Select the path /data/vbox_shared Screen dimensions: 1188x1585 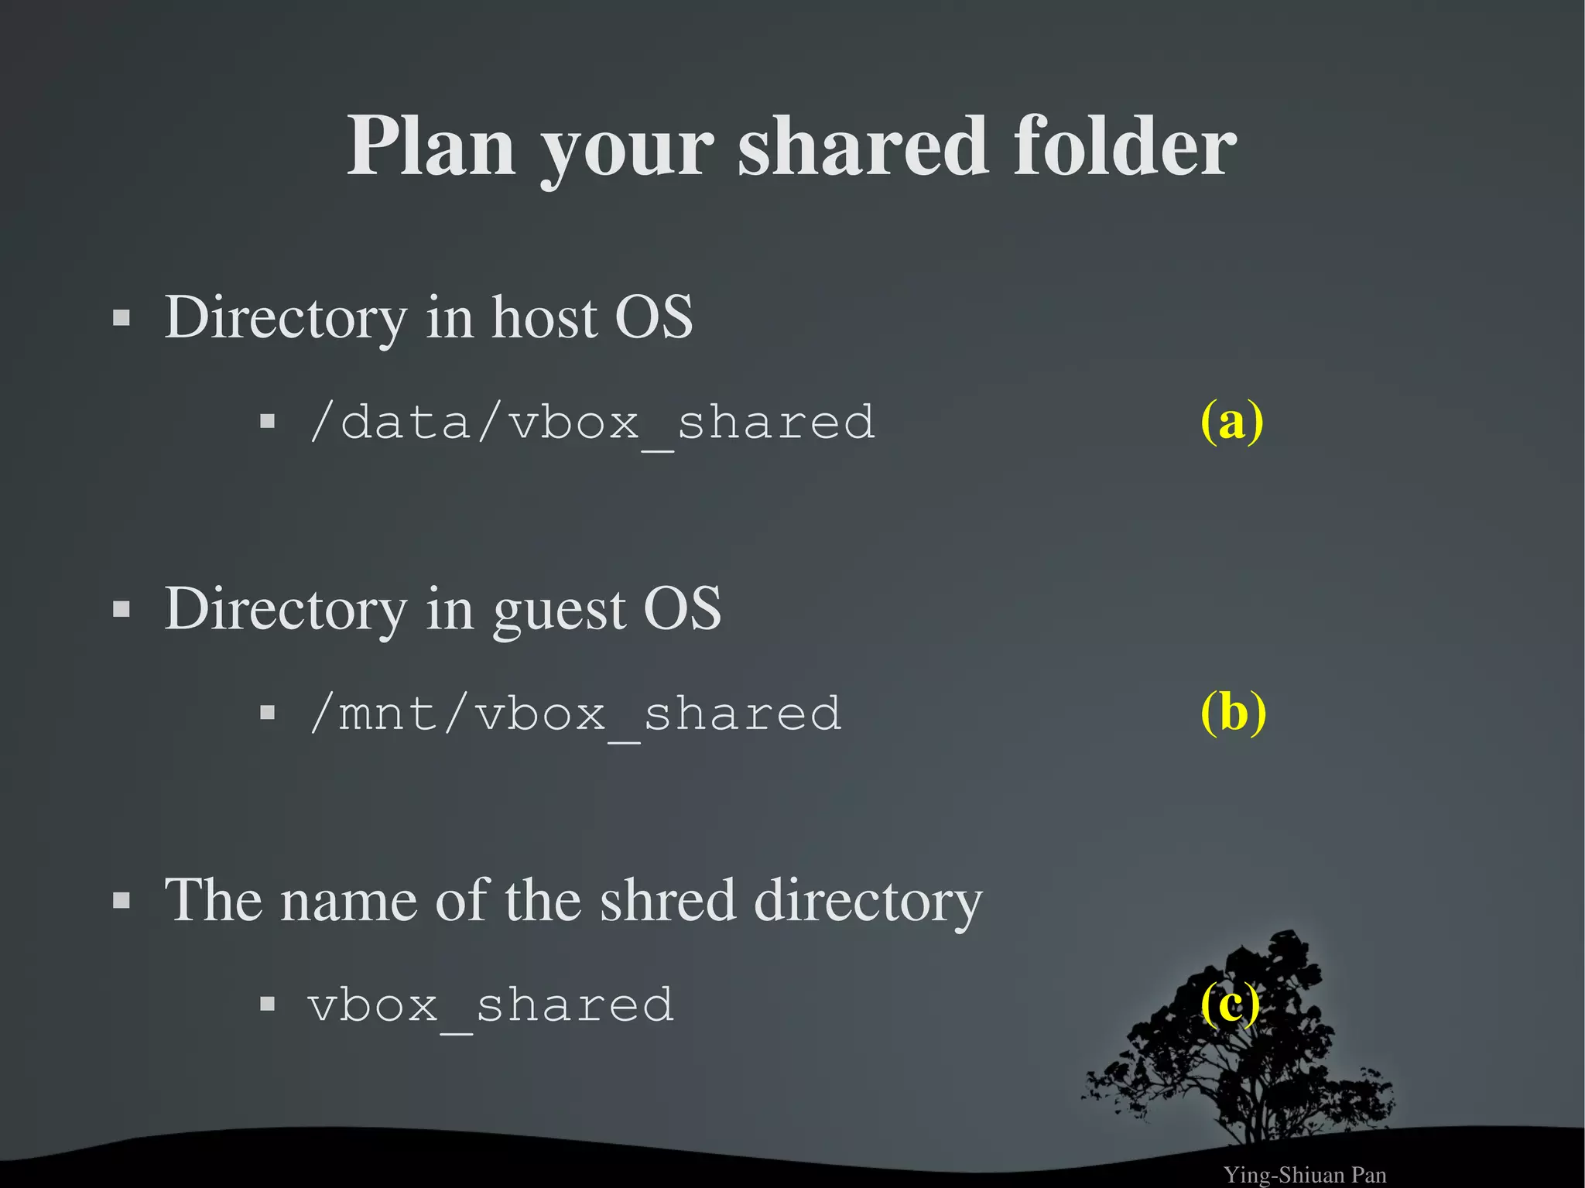coord(592,423)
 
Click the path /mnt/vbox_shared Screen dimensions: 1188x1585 coord(575,714)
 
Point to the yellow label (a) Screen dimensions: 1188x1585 coord(1231,420)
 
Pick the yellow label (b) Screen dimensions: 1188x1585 coord(1233,711)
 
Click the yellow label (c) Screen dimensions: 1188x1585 coord(1230,1004)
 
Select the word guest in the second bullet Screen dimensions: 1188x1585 coord(559,610)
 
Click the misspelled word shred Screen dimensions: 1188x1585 coord(667,901)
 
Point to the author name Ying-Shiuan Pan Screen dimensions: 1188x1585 coord(1304,1175)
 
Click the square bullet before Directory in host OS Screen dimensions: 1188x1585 coord(122,318)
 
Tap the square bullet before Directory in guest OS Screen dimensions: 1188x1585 coord(122,610)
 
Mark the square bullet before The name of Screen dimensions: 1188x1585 coord(122,901)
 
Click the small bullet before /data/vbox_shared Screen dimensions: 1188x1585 coord(268,422)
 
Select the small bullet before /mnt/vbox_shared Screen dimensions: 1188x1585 coord(268,712)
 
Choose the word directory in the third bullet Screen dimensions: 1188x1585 coord(868,901)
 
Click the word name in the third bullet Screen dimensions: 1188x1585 coord(348,901)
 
